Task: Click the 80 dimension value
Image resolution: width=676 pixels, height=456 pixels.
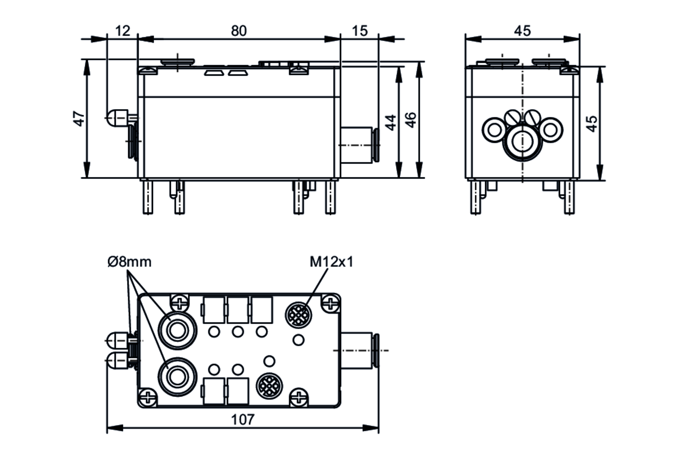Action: [x=239, y=31]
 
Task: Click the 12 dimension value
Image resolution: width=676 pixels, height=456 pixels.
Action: [x=122, y=31]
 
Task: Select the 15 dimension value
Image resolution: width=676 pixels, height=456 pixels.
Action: [x=359, y=31]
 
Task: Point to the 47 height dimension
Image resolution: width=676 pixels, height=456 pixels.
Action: [x=79, y=119]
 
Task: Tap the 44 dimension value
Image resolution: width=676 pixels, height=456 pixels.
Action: [x=391, y=122]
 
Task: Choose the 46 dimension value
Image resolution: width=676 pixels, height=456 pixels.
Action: [x=411, y=120]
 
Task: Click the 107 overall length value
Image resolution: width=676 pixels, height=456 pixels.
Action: [x=242, y=420]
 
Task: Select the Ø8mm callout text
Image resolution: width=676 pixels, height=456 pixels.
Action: [x=129, y=262]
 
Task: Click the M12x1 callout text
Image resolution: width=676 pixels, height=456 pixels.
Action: [x=331, y=262]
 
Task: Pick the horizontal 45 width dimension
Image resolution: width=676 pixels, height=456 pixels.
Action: [x=522, y=31]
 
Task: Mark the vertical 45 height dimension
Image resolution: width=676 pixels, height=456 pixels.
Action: [x=591, y=124]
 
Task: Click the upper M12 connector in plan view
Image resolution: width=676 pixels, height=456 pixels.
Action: [x=299, y=314]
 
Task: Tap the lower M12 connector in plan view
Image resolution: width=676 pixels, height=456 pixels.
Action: [x=269, y=386]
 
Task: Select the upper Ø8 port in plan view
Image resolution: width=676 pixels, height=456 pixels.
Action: [x=177, y=330]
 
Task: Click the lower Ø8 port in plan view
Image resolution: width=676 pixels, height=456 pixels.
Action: [x=177, y=377]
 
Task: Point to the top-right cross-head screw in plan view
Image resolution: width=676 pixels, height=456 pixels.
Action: [x=330, y=303]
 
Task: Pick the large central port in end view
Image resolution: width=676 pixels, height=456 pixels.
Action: [x=523, y=141]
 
